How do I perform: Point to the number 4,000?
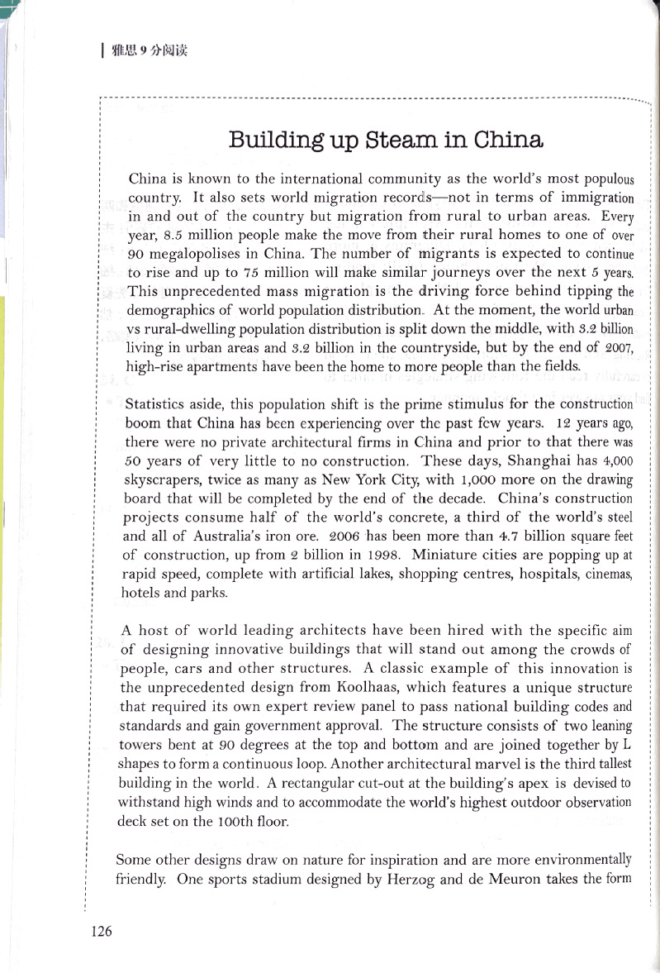point(618,461)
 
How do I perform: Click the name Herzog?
point(407,880)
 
